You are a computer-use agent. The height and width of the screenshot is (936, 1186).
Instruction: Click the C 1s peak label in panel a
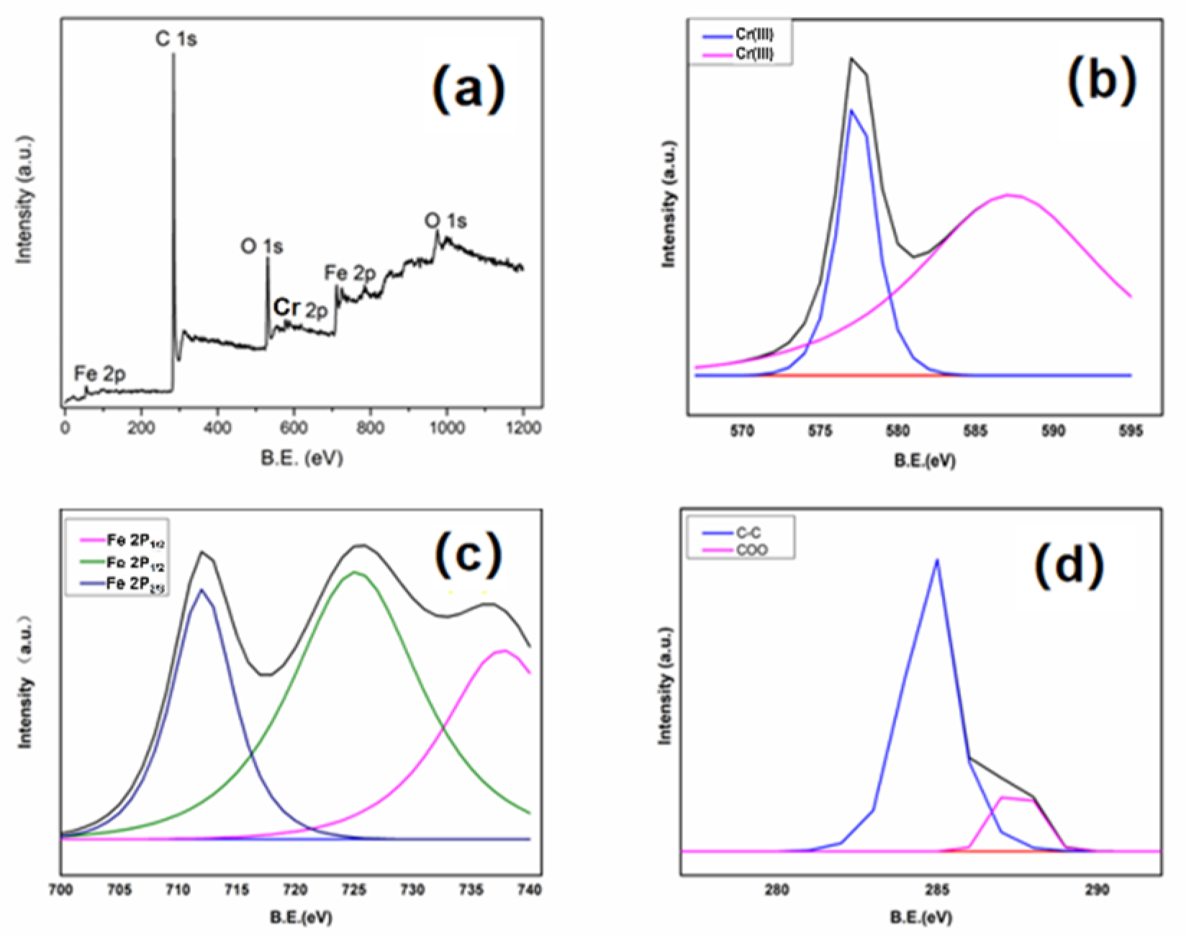(x=176, y=38)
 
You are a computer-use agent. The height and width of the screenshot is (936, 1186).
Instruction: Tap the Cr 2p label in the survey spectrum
(x=300, y=308)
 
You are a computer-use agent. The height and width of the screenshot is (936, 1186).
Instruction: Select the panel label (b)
(x=1101, y=80)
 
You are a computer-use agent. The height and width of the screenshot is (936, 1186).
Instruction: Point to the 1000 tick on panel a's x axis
(x=447, y=428)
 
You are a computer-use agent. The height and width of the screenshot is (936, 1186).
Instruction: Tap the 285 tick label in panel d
(x=937, y=890)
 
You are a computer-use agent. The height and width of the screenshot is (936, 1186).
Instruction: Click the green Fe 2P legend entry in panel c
(x=135, y=562)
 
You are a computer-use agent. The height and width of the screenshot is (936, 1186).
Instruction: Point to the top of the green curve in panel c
(x=354, y=572)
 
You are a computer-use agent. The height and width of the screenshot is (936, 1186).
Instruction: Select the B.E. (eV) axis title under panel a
(x=302, y=458)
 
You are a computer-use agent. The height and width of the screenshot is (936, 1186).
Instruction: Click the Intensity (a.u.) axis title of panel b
(x=669, y=204)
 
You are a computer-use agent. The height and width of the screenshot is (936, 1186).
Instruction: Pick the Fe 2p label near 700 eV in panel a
(x=350, y=273)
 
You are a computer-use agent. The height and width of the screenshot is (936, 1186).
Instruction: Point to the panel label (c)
(x=468, y=555)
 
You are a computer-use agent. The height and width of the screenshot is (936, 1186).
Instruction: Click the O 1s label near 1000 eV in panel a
(x=445, y=220)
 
